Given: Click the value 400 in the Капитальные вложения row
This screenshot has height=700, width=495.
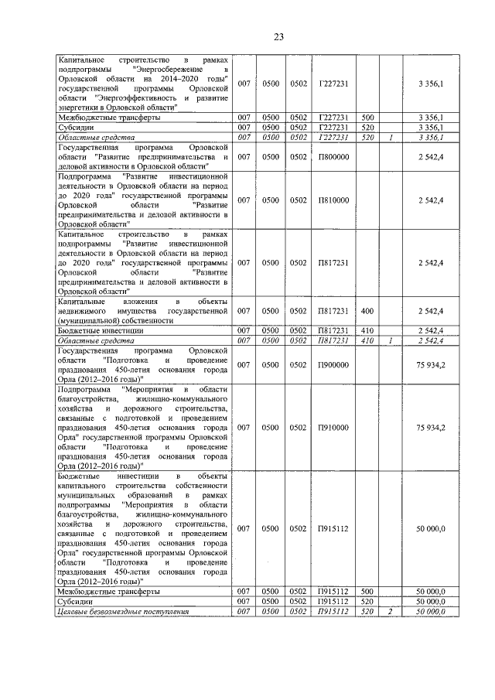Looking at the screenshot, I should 367,311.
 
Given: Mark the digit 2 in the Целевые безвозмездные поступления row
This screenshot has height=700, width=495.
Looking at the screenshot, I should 391,612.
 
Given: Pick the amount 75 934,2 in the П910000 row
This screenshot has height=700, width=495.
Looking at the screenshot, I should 429,427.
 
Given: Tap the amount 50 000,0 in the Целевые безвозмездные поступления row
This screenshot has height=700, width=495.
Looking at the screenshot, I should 429,612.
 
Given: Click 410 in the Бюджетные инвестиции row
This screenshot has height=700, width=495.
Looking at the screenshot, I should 367,330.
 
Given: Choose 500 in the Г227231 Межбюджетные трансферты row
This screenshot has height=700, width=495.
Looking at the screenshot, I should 367,117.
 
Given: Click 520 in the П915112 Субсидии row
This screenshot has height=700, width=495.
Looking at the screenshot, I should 367,601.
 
